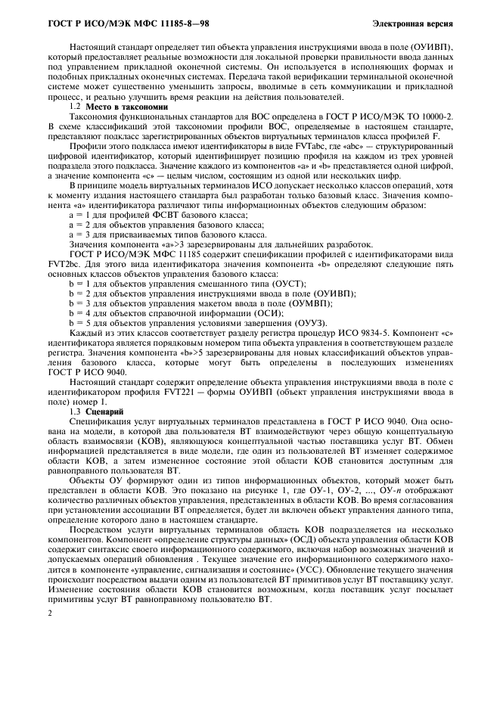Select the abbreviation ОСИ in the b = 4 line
point(269,312)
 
